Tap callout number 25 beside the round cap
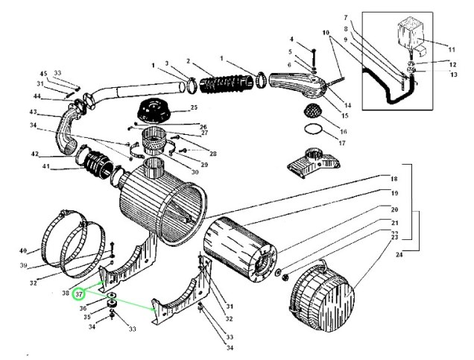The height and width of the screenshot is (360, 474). (x=193, y=108)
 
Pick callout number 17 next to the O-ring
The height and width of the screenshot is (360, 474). (x=342, y=142)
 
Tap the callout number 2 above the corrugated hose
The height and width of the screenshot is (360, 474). (x=189, y=60)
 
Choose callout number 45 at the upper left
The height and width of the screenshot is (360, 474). (x=44, y=73)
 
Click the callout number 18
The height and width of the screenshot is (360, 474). (x=394, y=178)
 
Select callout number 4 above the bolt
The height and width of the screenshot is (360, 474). (x=312, y=39)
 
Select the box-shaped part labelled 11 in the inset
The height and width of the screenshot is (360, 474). (x=408, y=33)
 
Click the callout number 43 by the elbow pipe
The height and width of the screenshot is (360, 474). (x=34, y=113)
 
